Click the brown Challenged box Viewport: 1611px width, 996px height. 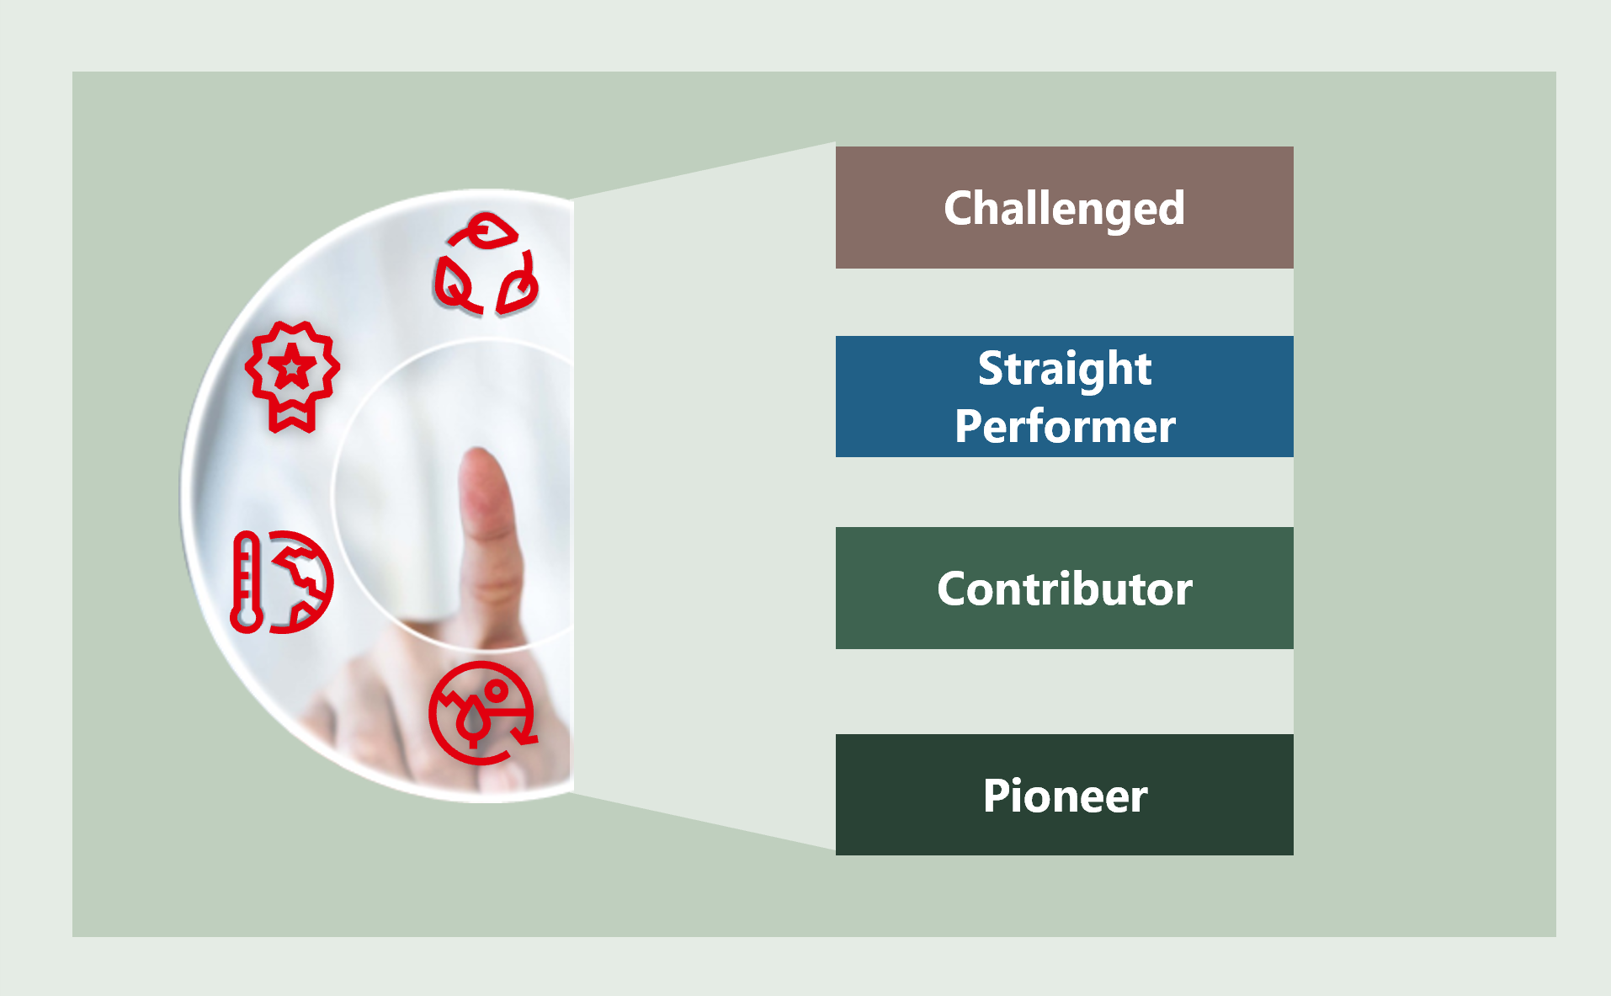pyautogui.click(x=1064, y=207)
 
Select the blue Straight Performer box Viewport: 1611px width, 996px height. pyautogui.click(x=1064, y=397)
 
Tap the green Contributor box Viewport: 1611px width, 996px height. pyautogui.click(x=1064, y=588)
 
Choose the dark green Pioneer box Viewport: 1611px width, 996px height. pyautogui.click(x=1064, y=795)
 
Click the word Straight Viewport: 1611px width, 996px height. pyautogui.click(x=1065, y=370)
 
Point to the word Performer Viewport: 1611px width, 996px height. pyautogui.click(x=1065, y=426)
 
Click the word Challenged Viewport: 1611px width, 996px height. pyautogui.click(x=1064, y=209)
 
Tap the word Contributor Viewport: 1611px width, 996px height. pyautogui.click(x=1065, y=588)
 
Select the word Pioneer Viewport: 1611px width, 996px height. pyautogui.click(x=1065, y=796)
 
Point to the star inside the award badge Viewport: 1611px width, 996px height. pyautogui.click(x=292, y=367)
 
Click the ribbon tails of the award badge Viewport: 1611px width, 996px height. pyautogui.click(x=292, y=416)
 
